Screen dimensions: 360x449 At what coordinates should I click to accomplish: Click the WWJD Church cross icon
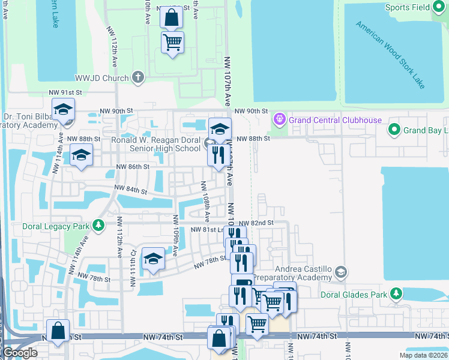138,77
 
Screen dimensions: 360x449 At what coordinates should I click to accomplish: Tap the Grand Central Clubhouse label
335,120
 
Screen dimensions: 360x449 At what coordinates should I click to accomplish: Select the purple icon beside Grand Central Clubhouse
279,120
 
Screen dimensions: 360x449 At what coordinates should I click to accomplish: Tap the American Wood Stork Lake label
390,55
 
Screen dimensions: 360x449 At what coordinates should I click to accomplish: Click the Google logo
20,353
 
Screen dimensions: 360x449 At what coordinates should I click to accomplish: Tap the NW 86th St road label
132,166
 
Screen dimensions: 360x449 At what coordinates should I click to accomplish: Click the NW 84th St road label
131,191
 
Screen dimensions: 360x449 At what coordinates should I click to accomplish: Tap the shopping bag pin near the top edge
172,19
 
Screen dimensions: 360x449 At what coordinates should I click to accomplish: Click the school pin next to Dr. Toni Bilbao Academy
62,111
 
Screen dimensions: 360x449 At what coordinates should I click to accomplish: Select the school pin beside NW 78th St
153,260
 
